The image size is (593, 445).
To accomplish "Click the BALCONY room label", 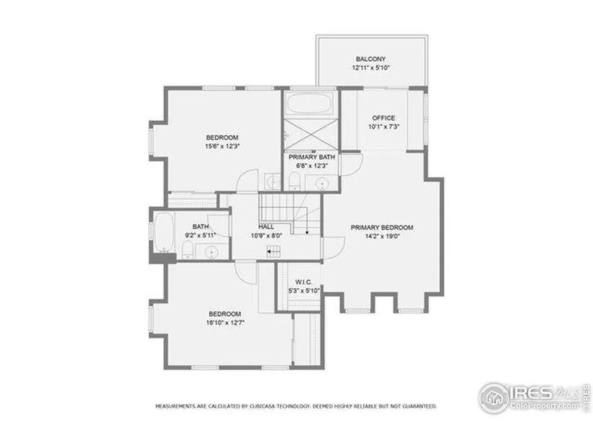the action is click(x=371, y=59).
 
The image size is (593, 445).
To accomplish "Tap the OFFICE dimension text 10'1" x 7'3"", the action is click(x=384, y=127).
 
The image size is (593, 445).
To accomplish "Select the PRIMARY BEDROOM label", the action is click(x=382, y=227).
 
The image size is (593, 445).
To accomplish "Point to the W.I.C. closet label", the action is click(x=303, y=283).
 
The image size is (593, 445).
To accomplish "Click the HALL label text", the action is click(x=266, y=226).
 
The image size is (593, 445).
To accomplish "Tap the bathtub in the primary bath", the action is click(x=309, y=103).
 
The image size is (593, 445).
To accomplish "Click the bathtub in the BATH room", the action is click(x=164, y=232).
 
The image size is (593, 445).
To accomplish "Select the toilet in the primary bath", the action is click(x=294, y=181).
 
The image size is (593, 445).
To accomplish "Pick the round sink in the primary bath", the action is click(x=322, y=184).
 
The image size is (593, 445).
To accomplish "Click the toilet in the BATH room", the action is click(x=188, y=250).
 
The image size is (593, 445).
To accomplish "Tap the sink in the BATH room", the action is click(x=212, y=252).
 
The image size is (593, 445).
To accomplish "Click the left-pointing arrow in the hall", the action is click(x=273, y=252).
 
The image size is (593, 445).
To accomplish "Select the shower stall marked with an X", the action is click(x=311, y=134).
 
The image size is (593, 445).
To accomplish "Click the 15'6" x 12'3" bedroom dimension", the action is click(x=222, y=147).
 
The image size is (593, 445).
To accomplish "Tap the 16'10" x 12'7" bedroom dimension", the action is click(x=226, y=323).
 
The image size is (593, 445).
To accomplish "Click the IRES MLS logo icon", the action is click(x=493, y=398).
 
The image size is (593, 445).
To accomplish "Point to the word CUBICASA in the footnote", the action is click(x=262, y=406).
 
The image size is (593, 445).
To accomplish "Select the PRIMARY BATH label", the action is click(x=312, y=157).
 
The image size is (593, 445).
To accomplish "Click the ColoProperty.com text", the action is click(x=544, y=406).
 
